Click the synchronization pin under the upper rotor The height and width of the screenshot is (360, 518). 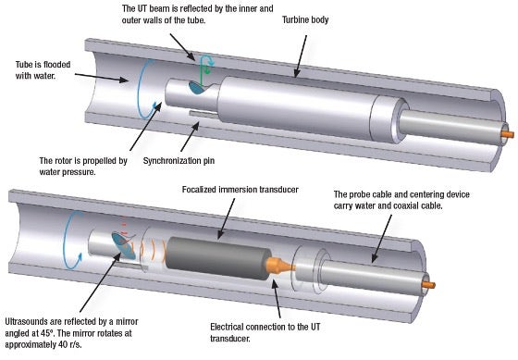pyautogui.click(x=198, y=114)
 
